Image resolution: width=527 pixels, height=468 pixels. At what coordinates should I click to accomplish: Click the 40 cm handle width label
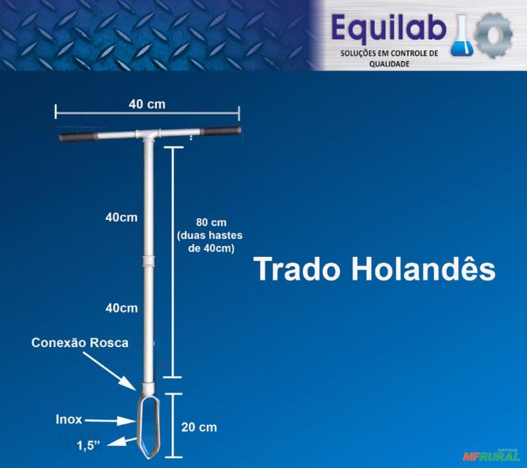(147, 104)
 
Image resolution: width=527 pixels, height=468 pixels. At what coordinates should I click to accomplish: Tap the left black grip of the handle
(78, 136)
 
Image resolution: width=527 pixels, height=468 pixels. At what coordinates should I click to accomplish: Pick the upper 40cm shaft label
(121, 217)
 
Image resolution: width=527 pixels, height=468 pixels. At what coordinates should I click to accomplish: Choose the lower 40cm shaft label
(121, 308)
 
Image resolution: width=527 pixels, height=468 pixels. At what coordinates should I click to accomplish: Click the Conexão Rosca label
(80, 342)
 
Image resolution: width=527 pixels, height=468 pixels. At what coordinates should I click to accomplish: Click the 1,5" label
(88, 445)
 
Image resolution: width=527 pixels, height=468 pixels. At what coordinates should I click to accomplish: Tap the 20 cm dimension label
(199, 427)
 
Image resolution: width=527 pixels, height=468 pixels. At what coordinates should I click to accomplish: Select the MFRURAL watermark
(491, 456)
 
